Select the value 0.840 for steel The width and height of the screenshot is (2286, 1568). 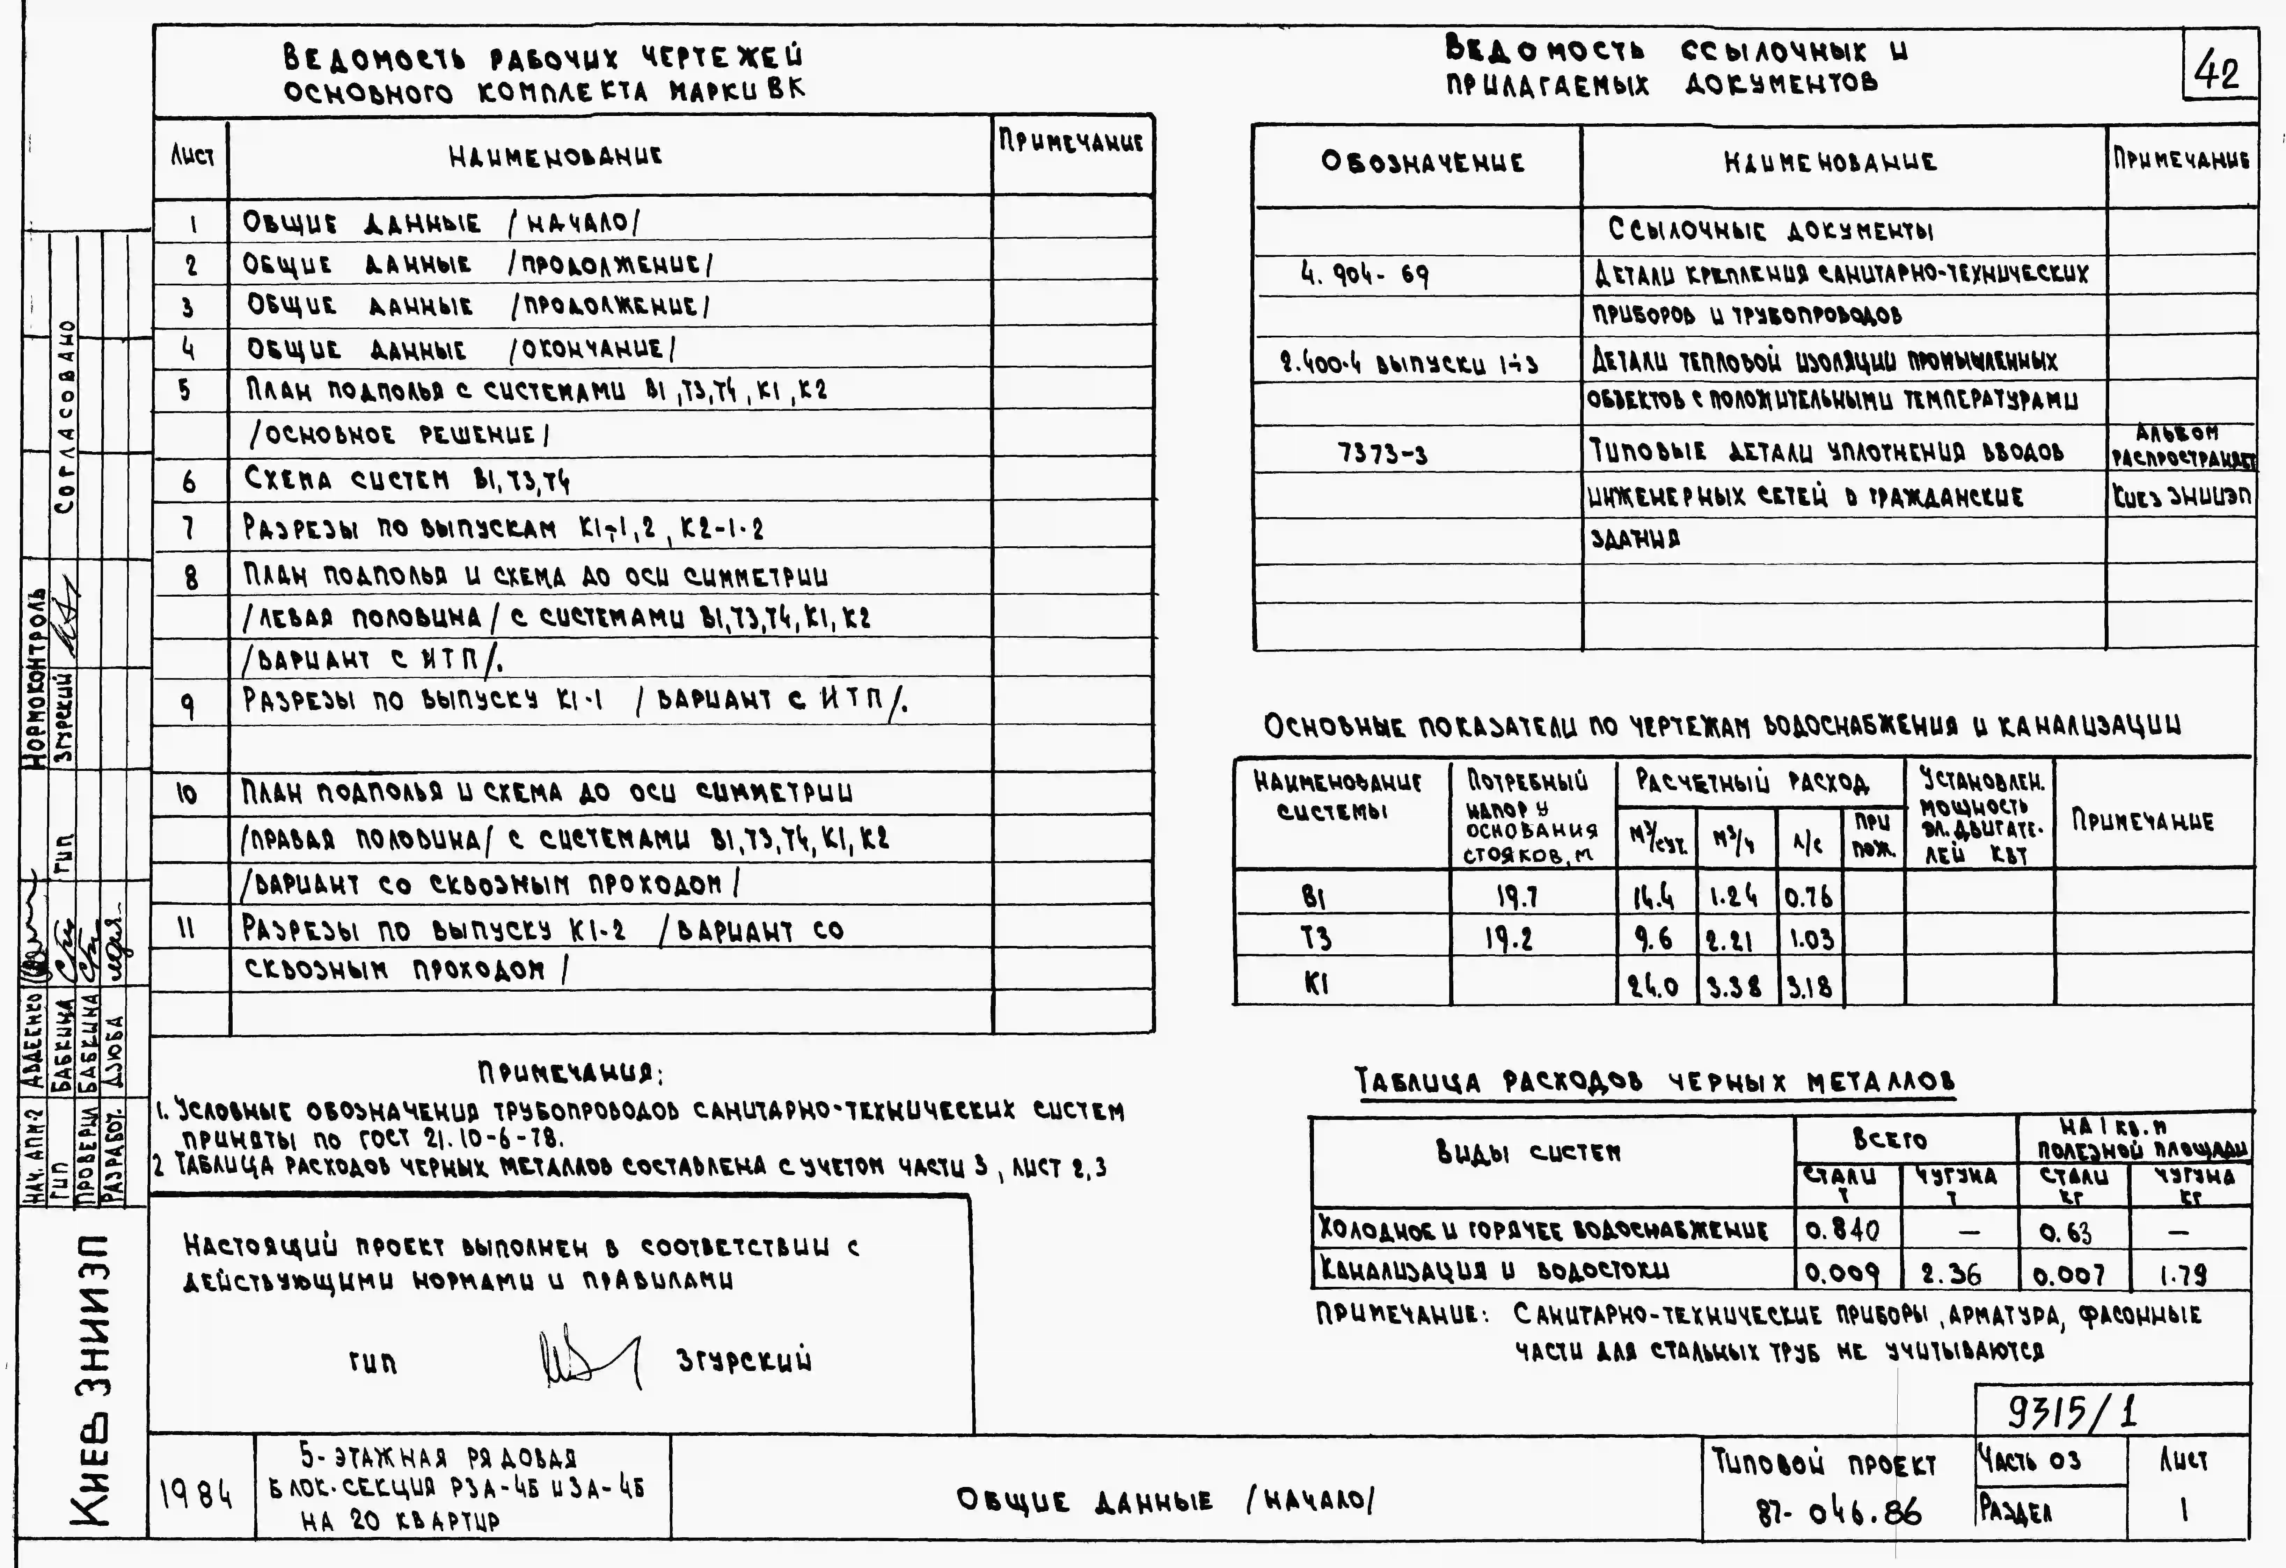click(1842, 1230)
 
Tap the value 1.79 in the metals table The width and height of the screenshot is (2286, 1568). click(2183, 1275)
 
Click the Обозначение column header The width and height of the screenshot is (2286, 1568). click(1422, 162)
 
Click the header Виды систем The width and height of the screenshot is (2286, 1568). click(1528, 1152)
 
